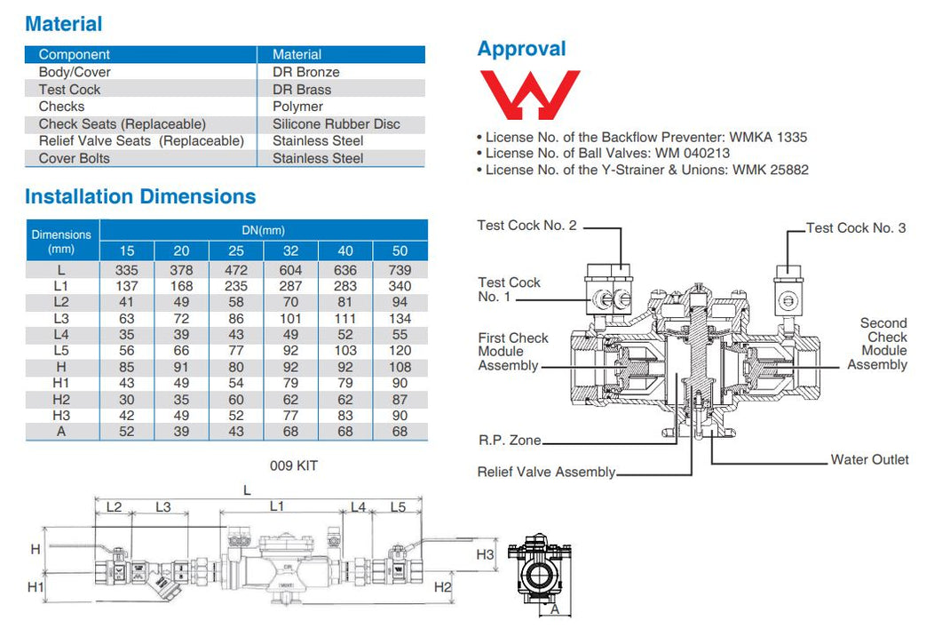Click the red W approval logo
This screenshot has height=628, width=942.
coord(529,95)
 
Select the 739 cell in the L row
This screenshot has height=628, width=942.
coord(400,269)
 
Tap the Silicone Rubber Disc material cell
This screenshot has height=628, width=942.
coord(336,124)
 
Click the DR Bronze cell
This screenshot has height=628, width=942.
coord(305,72)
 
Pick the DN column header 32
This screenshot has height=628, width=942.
coord(290,251)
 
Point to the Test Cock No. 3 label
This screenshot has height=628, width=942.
coord(856,228)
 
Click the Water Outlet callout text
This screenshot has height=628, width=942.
coord(869,459)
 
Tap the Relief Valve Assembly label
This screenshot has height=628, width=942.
coord(546,472)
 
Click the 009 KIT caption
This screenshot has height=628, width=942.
coord(293,465)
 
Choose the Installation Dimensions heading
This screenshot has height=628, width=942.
coord(140,196)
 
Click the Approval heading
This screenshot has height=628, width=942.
coord(521,49)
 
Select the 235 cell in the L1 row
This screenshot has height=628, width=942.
coord(235,286)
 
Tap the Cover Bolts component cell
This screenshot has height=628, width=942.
coord(75,158)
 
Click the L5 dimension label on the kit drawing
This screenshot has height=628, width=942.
coord(398,507)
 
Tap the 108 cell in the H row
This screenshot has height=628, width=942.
coord(400,366)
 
